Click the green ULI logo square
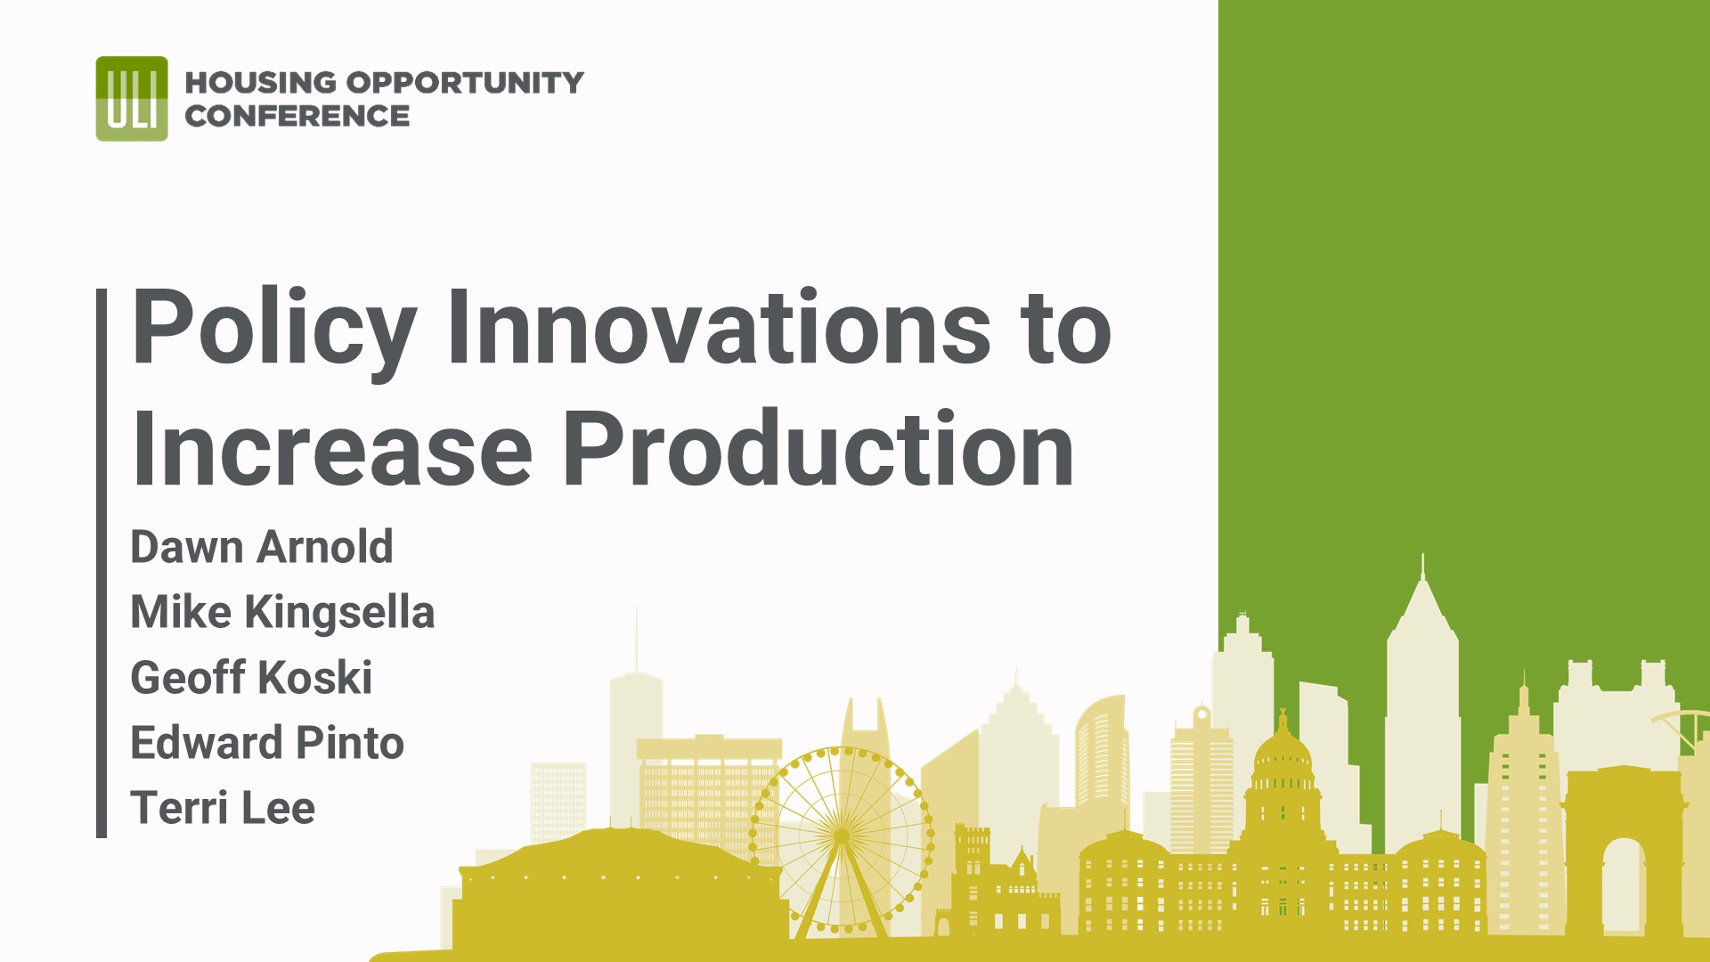[132, 99]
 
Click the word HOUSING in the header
[260, 83]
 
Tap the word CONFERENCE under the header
[297, 117]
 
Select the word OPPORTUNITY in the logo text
[464, 83]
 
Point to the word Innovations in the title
[718, 328]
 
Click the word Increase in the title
[331, 450]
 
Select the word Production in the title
[818, 450]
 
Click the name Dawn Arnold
[261, 547]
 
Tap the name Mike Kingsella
[282, 612]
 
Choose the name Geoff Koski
[251, 677]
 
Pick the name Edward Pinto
[267, 742]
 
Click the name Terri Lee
[223, 807]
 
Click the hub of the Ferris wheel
[841, 836]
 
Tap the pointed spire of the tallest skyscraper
[1422, 570]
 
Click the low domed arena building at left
[615, 882]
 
